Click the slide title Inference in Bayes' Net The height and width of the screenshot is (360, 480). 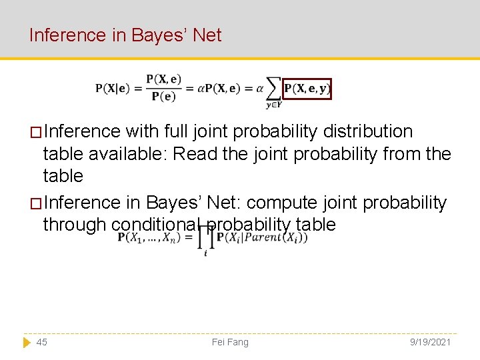(x=125, y=35)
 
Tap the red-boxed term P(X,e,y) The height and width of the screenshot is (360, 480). (x=307, y=89)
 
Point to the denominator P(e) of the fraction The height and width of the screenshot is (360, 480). (x=163, y=96)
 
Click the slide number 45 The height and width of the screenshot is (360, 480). (x=41, y=342)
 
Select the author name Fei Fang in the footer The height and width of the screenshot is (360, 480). (x=230, y=342)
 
